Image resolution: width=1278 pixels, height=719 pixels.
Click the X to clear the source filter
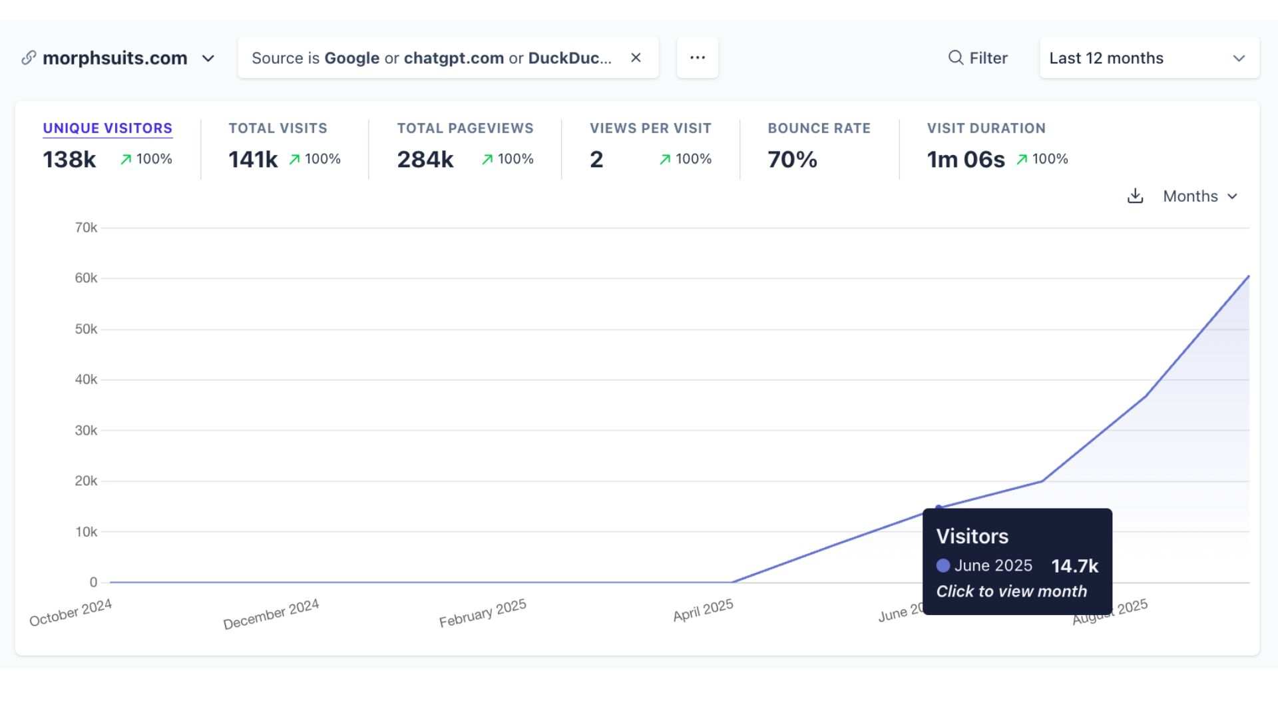[636, 58]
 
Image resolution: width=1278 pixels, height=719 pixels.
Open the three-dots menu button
[697, 58]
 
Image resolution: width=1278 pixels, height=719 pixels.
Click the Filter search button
[978, 58]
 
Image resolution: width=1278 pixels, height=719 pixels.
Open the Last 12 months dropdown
[1149, 58]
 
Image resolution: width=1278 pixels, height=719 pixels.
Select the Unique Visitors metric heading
[107, 128]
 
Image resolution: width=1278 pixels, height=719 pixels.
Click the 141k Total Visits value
[253, 159]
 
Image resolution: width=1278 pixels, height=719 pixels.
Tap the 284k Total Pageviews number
[425, 159]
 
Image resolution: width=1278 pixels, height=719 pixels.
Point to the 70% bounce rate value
[792, 159]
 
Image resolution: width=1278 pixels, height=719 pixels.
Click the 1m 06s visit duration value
[966, 159]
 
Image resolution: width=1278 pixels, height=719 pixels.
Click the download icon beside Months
[1135, 196]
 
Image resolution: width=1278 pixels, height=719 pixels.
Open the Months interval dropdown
[1199, 196]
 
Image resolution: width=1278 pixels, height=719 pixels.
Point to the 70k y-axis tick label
[86, 228]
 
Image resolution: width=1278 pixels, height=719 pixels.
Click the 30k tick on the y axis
[86, 431]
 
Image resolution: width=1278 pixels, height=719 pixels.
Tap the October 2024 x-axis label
[71, 612]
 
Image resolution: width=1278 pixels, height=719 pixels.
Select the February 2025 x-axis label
[483, 613]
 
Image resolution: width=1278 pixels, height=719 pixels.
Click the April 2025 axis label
[703, 610]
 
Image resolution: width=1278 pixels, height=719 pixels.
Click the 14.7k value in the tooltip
[1074, 566]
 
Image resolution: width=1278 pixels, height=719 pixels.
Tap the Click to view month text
[1011, 591]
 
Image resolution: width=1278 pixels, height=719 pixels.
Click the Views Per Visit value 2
[596, 159]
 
